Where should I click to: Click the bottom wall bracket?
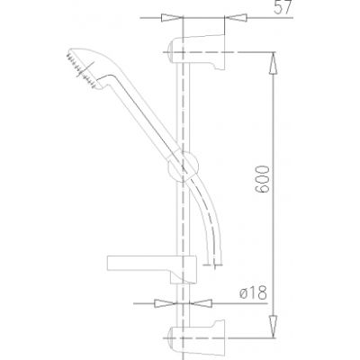(x=202, y=338)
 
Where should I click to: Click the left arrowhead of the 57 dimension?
(x=166, y=17)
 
